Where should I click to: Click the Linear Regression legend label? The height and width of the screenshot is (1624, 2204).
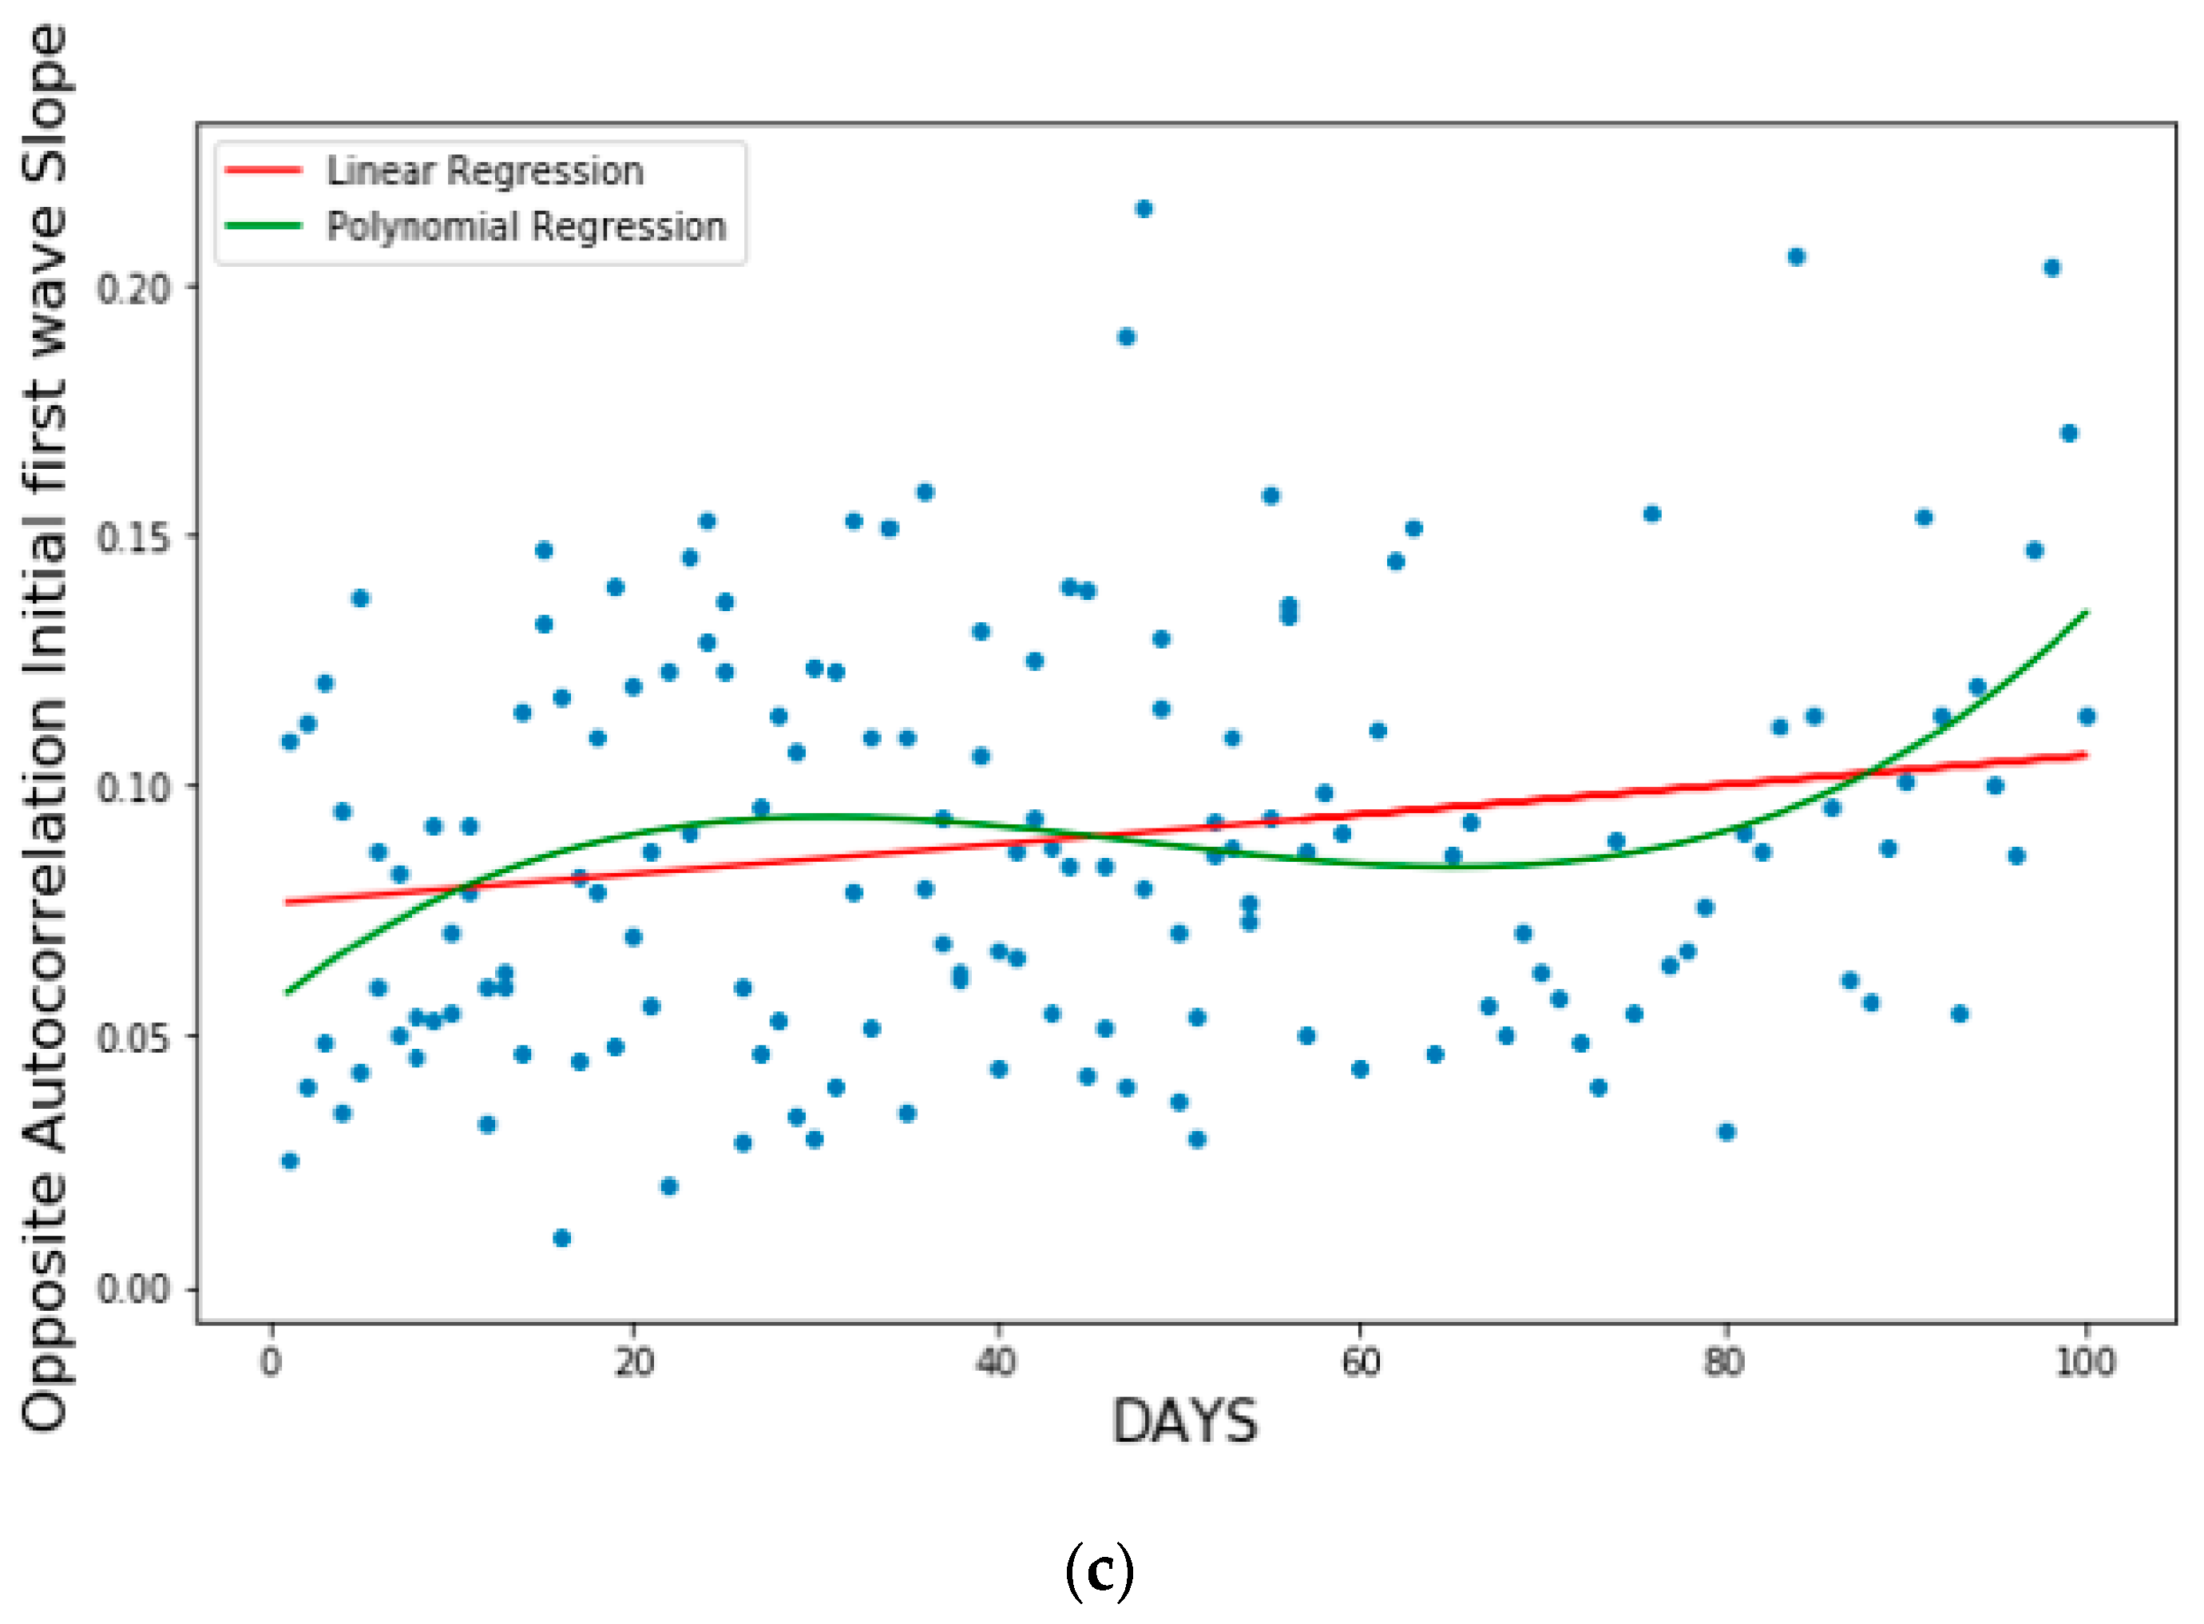pyautogui.click(x=485, y=171)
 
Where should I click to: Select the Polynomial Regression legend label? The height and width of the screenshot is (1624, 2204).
pyautogui.click(x=525, y=227)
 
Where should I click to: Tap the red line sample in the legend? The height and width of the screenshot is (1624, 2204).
pyautogui.click(x=263, y=171)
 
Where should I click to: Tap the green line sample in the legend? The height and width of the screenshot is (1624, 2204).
pyautogui.click(x=263, y=226)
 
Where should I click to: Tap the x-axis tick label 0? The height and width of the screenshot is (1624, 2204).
pyautogui.click(x=272, y=1363)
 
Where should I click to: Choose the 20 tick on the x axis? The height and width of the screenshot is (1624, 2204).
pyautogui.click(x=634, y=1363)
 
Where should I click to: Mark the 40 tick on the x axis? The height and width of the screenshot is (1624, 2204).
pyautogui.click(x=997, y=1363)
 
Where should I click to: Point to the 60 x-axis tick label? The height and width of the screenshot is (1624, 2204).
pyautogui.click(x=1360, y=1363)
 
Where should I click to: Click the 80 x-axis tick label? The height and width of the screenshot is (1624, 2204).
pyautogui.click(x=1723, y=1363)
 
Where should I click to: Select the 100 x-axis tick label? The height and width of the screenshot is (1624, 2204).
pyautogui.click(x=2085, y=1363)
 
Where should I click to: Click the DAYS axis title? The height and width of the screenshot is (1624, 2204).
pyautogui.click(x=1184, y=1421)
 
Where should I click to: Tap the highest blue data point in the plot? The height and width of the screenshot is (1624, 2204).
pyautogui.click(x=1143, y=208)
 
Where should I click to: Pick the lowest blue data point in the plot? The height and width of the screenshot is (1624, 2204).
pyautogui.click(x=561, y=1237)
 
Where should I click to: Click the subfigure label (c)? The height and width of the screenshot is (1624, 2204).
pyautogui.click(x=1100, y=1571)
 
